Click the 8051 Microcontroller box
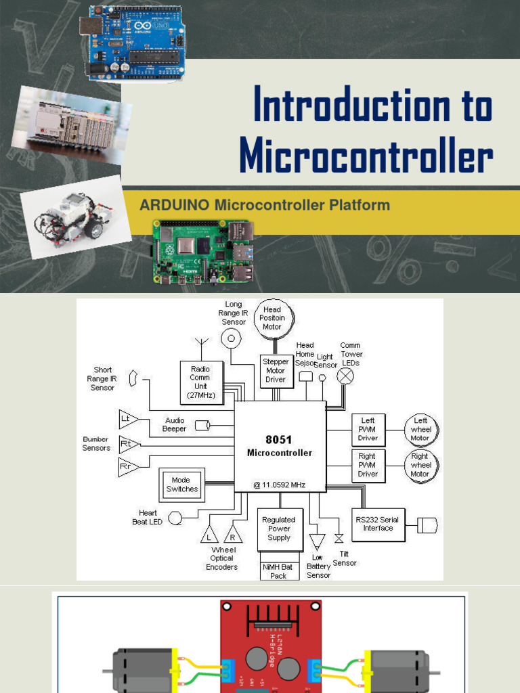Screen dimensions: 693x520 point(280,446)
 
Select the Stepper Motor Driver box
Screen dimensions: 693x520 point(276,371)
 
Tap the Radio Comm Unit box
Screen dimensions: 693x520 point(200,382)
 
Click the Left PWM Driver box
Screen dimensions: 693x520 point(368,429)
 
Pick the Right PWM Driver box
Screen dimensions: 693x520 point(368,466)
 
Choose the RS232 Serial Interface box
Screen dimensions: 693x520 point(378,524)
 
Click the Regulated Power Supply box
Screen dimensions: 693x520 point(278,529)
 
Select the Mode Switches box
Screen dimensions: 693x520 point(182,485)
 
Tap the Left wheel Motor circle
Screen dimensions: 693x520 point(421,429)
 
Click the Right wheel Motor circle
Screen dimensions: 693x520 point(420,466)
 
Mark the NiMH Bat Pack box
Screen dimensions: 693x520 point(278,572)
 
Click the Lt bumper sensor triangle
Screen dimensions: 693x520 point(127,420)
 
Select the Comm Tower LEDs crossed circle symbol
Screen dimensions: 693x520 point(346,376)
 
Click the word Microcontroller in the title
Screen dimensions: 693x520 point(366,158)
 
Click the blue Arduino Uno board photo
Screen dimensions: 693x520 point(133,43)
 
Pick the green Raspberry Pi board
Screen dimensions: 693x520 point(202,252)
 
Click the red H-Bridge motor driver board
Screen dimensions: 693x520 point(270,646)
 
